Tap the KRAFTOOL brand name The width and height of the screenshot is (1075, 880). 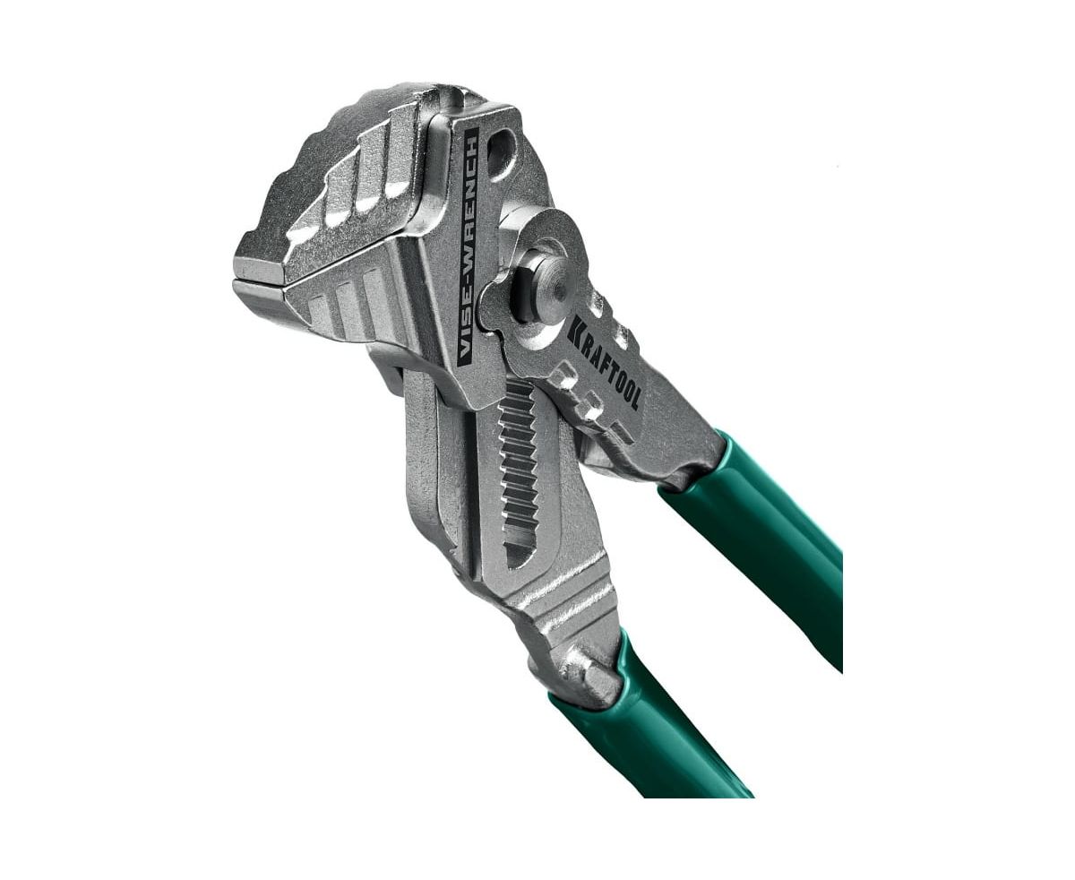(603, 363)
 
